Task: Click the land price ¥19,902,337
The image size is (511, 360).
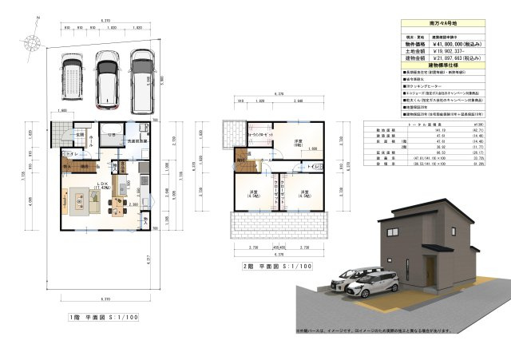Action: coord(453,51)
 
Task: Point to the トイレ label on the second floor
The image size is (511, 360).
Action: coord(316,166)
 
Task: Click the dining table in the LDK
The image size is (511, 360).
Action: coord(80,197)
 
